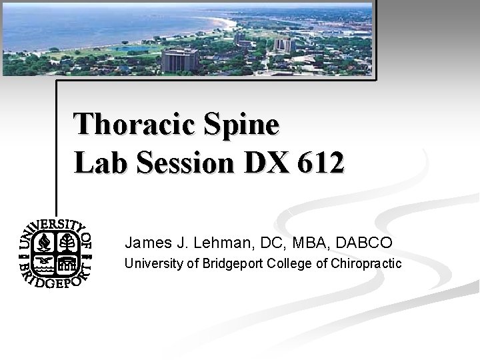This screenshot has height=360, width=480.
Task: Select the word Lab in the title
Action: [x=98, y=163]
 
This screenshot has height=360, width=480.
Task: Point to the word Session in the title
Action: [x=175, y=163]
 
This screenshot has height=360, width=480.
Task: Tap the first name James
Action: [x=145, y=240]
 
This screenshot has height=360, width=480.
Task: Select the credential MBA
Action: [x=310, y=240]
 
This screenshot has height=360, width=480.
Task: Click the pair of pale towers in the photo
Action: [x=284, y=46]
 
